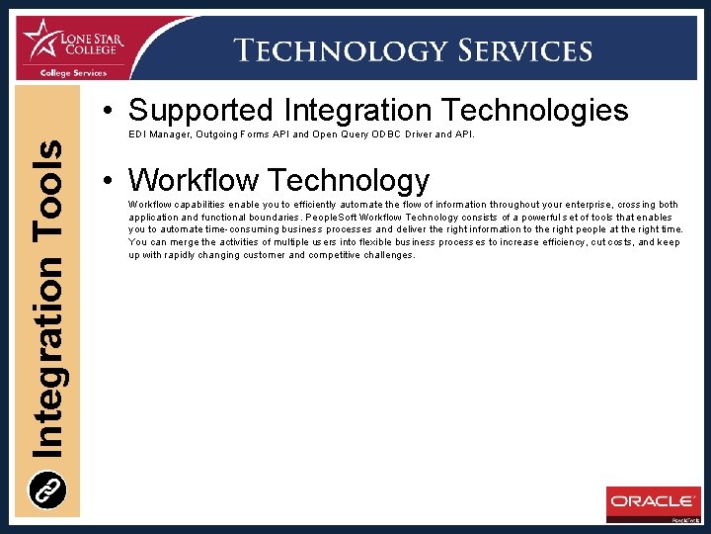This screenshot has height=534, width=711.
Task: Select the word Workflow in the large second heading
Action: pos(193,180)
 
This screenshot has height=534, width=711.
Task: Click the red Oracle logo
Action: pos(653,501)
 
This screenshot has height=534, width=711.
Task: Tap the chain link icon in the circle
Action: pos(48,489)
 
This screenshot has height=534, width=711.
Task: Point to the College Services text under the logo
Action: pos(75,72)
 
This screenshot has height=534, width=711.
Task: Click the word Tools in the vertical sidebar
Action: pos(48,189)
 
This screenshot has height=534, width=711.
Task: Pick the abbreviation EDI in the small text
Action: pos(137,133)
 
